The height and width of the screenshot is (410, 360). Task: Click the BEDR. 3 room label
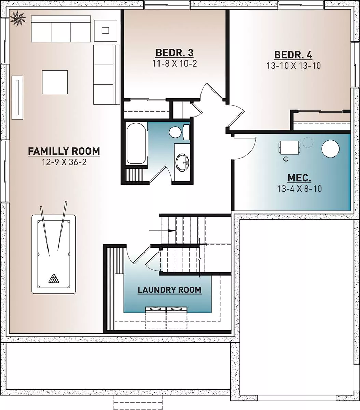pyautogui.click(x=174, y=53)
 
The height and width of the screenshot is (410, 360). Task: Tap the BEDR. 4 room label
pyautogui.click(x=293, y=55)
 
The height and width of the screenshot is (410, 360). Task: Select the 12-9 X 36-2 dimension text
pyautogui.click(x=64, y=162)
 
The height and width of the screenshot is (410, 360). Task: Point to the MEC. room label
pyautogui.click(x=299, y=178)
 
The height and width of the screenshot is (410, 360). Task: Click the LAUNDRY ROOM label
pyautogui.click(x=169, y=290)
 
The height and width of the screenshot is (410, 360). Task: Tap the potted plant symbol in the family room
pyautogui.click(x=18, y=18)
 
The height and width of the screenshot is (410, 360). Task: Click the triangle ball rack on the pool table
pyautogui.click(x=54, y=279)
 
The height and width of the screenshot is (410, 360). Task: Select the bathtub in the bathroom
pyautogui.click(x=136, y=144)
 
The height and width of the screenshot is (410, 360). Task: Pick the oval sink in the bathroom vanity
pyautogui.click(x=182, y=162)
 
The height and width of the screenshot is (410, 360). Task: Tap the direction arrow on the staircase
pyautogui.click(x=162, y=231)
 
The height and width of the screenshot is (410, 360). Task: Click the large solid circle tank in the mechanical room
pyautogui.click(x=330, y=149)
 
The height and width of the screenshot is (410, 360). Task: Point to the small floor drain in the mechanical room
pyautogui.click(x=286, y=159)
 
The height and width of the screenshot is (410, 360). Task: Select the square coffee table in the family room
pyautogui.click(x=55, y=82)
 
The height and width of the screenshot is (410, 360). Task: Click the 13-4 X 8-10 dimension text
pyautogui.click(x=300, y=189)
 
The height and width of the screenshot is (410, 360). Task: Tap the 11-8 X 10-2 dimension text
pyautogui.click(x=175, y=64)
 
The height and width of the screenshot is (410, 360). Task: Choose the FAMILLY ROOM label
pyautogui.click(x=64, y=151)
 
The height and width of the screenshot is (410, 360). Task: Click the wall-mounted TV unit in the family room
pyautogui.click(x=17, y=97)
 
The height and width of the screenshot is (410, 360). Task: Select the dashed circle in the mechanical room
pyautogui.click(x=308, y=142)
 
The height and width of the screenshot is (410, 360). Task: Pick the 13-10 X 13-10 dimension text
pyautogui.click(x=294, y=66)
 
